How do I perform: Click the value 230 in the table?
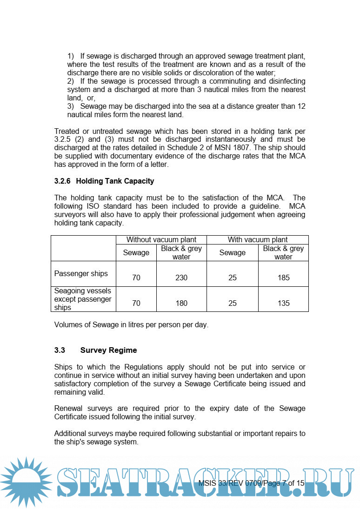pyautogui.click(x=181, y=278)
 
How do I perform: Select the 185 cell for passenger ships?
pyautogui.click(x=283, y=278)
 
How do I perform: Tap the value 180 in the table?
pyautogui.click(x=181, y=303)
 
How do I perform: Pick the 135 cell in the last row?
pyautogui.click(x=283, y=303)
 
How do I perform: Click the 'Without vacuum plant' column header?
pyautogui.click(x=161, y=240)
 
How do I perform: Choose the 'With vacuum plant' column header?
pyautogui.click(x=257, y=240)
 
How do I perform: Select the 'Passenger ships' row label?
pyautogui.click(x=81, y=273)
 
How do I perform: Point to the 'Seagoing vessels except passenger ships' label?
pyautogui.click(x=83, y=299)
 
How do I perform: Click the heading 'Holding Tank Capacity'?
pyautogui.click(x=115, y=181)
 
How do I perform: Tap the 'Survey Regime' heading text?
pyautogui.click(x=108, y=350)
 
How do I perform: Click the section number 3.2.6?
pyautogui.click(x=63, y=181)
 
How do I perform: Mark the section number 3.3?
pyautogui.click(x=60, y=350)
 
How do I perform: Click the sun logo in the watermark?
pyautogui.click(x=26, y=482)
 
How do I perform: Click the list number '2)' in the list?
pyautogui.click(x=71, y=81)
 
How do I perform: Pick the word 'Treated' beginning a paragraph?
pyautogui.click(x=67, y=131)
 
